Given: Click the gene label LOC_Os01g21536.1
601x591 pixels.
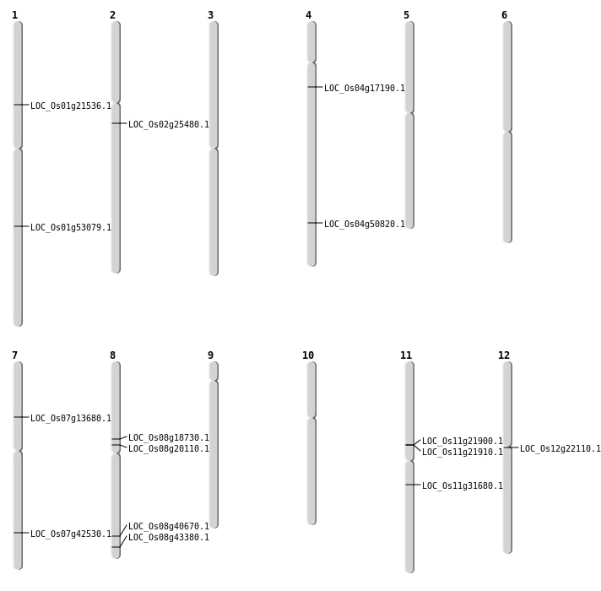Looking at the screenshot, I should pos(71,106).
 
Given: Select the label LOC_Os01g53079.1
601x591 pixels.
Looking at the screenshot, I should pos(71,228).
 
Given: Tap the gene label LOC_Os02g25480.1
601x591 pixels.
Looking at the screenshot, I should pos(169,125).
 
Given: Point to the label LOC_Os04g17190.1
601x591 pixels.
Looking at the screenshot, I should pos(365,89).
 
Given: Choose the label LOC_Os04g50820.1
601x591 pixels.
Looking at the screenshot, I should pos(365,225).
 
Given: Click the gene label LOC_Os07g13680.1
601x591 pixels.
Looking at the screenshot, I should pos(71,419).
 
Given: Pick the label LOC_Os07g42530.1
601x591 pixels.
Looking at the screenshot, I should pos(71,534).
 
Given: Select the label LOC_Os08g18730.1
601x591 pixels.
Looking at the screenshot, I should pos(169,438).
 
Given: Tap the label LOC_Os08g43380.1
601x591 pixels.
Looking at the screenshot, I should pos(169,538).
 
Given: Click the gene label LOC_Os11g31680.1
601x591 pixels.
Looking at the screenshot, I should pos(463,486).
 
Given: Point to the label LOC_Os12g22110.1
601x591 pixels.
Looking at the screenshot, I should pos(560,449).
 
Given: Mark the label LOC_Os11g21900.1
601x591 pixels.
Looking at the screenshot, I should pos(463,442).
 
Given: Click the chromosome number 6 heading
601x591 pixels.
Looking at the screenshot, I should pos(504,15).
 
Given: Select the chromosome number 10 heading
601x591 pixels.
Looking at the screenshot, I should pos(308,355).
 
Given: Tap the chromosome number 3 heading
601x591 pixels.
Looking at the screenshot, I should pos(210,15).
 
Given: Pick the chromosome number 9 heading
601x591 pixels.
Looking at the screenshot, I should pos(210,355).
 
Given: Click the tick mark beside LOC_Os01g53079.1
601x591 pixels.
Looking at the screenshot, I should pos(21,226).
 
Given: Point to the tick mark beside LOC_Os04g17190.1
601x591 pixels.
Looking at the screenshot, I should pos(315,87).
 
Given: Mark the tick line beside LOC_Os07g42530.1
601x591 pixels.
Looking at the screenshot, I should pos(21,533).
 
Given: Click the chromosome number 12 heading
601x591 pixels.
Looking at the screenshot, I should pos(504,355).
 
